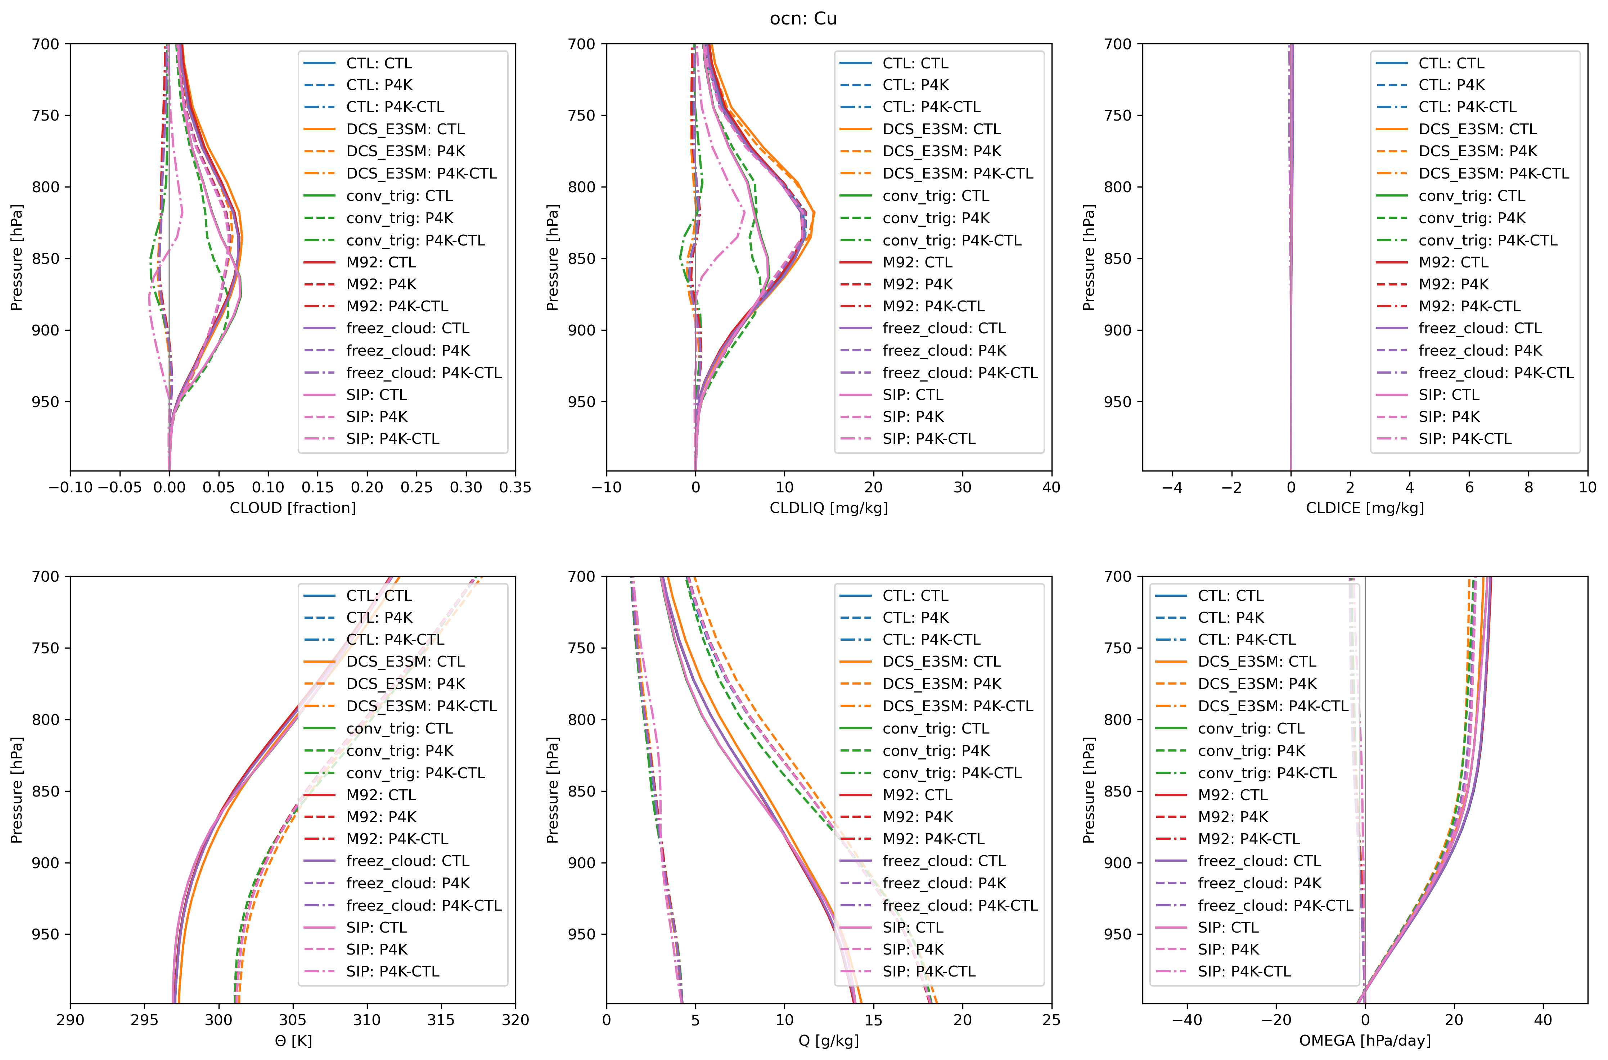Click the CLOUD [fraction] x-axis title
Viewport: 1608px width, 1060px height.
coord(293,508)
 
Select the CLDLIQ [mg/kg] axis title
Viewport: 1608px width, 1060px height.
coord(829,508)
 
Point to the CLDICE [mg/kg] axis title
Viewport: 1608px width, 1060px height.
coord(1365,508)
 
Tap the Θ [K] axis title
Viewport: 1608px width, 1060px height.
coord(293,1041)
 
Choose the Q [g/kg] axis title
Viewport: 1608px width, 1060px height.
coord(829,1041)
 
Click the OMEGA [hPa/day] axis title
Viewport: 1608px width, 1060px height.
coord(1365,1041)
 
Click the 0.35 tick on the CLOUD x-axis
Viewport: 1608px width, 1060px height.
coord(515,487)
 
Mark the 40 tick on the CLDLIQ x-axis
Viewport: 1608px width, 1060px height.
coord(1051,487)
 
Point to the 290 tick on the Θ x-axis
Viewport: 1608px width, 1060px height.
coord(70,1020)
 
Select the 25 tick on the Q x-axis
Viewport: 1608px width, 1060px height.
coord(1051,1020)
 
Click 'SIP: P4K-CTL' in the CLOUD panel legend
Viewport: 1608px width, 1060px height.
coord(393,439)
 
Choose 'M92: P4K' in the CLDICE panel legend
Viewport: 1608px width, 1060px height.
coord(1453,284)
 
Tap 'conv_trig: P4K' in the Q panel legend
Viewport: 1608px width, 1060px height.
coord(936,750)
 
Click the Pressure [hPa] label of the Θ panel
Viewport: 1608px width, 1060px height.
coord(17,790)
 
